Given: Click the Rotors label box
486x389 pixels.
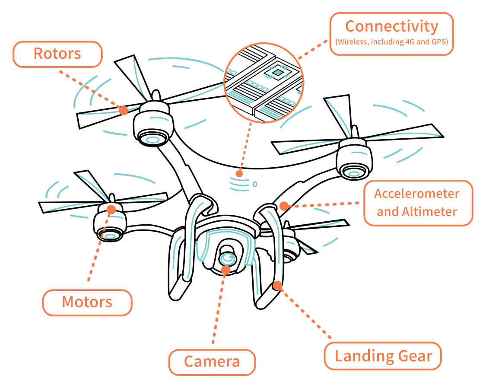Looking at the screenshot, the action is pos(57,54).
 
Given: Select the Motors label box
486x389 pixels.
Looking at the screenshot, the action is pos(87,303).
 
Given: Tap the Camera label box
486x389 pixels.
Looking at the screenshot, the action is pos(212,362).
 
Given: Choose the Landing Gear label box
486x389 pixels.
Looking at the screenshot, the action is pos(383,356).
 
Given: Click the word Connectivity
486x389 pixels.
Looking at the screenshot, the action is pos(392,26).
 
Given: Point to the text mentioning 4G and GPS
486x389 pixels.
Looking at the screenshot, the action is pos(392,41).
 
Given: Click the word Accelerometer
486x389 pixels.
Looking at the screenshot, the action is pos(417,194).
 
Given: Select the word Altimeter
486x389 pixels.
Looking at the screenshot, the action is pos(429,212).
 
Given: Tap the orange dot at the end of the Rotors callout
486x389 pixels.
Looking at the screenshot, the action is pos(124,110).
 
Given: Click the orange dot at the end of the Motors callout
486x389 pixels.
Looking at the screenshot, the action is pos(111,209).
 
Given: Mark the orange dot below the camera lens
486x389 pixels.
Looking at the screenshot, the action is pos(226,270).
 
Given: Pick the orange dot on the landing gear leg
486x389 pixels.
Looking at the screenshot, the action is pos(278,285).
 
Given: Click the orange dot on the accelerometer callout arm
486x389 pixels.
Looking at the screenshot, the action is pos(284,206).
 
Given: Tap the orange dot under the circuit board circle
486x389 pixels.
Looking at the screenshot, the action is pos(239,173).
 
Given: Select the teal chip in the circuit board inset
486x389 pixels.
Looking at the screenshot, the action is pos(278,73).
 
